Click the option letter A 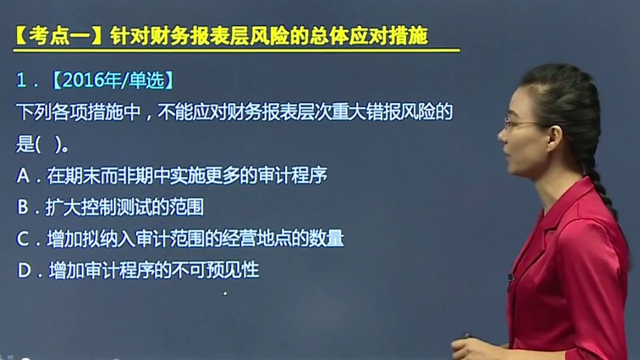pos(23,176)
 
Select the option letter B pos(23,207)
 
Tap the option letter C pos(23,239)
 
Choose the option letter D pos(24,270)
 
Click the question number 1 pos(21,80)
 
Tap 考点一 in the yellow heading pos(60,36)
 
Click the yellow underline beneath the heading pos(237,50)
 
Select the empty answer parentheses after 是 pos(49,144)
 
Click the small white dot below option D pos(225,293)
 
